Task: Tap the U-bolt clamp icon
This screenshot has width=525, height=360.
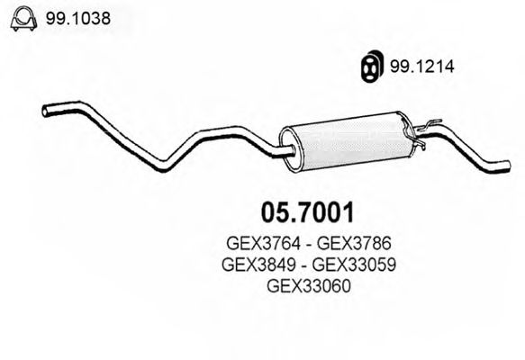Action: tap(21, 17)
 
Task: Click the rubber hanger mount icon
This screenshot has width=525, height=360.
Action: tap(370, 64)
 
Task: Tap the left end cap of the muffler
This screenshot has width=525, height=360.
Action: tap(290, 148)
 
